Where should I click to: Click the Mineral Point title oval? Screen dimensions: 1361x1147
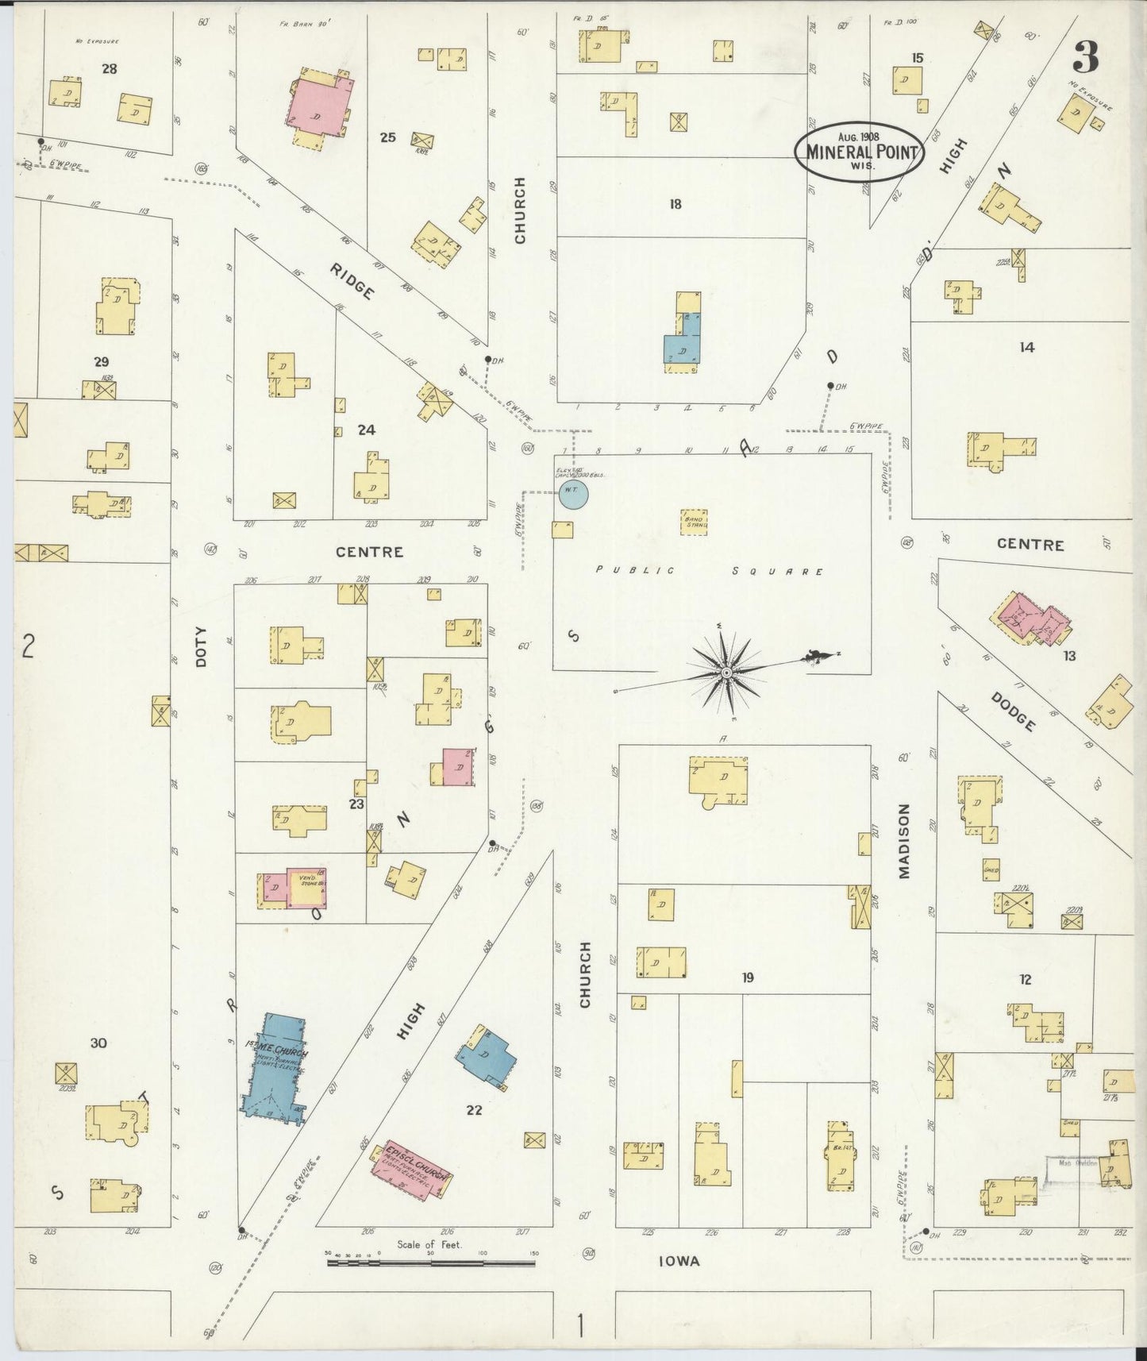(860, 152)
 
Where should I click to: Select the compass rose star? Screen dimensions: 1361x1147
(726, 673)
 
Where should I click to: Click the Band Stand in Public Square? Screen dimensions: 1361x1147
(695, 522)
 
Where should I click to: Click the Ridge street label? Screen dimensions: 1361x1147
(352, 280)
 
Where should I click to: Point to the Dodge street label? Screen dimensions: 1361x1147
(1013, 711)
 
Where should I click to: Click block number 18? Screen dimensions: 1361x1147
(675, 204)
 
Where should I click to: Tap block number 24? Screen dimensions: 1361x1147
(366, 430)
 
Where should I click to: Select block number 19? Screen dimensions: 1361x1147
(747, 977)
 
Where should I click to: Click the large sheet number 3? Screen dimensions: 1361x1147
(1086, 57)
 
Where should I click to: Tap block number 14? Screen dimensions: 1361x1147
(1027, 347)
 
